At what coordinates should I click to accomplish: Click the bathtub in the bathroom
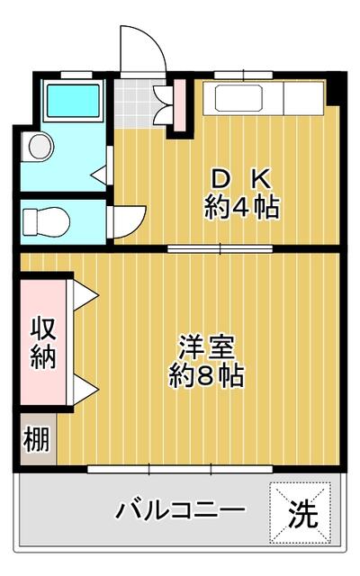(x=74, y=101)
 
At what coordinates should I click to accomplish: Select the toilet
(x=46, y=221)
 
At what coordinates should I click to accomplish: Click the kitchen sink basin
(x=238, y=98)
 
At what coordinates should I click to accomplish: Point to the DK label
(x=242, y=178)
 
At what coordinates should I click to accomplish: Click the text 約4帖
(x=242, y=207)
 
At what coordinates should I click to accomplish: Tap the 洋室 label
(x=206, y=346)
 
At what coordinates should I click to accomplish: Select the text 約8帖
(x=206, y=375)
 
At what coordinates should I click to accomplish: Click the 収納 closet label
(x=43, y=343)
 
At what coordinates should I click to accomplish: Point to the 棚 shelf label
(x=36, y=440)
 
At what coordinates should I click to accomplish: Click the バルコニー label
(x=180, y=509)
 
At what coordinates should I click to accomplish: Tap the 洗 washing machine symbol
(x=301, y=513)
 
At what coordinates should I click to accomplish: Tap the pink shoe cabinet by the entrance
(x=180, y=105)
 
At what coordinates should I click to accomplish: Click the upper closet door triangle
(x=85, y=295)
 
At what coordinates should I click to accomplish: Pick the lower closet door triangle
(x=85, y=390)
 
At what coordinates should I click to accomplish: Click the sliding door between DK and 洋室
(x=220, y=249)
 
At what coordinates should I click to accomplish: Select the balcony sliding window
(x=180, y=469)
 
